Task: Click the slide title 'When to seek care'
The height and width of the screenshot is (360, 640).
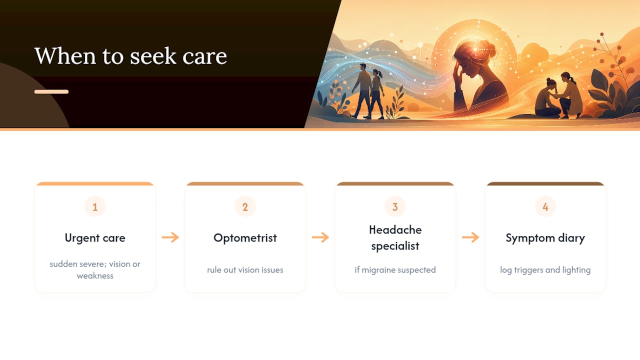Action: click(130, 55)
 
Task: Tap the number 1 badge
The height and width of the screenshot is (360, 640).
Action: click(95, 206)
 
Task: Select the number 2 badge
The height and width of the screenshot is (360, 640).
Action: click(245, 206)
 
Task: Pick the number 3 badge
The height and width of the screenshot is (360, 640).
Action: click(395, 206)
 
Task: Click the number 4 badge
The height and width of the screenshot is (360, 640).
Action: click(545, 206)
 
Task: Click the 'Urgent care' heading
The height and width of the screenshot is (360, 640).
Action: click(95, 238)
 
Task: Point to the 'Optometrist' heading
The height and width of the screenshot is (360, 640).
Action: click(245, 237)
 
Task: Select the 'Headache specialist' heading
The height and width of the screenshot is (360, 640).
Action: click(395, 237)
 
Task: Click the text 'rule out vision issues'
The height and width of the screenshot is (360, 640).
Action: click(245, 270)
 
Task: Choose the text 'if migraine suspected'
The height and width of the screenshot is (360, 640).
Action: click(395, 270)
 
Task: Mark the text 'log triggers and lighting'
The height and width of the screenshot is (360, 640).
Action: click(545, 270)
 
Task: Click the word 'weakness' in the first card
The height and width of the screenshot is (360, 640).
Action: click(95, 276)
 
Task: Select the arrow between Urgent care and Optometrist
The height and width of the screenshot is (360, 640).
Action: click(170, 237)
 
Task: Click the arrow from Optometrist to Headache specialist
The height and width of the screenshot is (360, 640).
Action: click(320, 237)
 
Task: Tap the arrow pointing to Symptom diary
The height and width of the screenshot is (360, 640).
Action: click(470, 237)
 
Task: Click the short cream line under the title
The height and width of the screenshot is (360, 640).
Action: click(51, 91)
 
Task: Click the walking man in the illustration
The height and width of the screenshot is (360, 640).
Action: click(362, 90)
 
